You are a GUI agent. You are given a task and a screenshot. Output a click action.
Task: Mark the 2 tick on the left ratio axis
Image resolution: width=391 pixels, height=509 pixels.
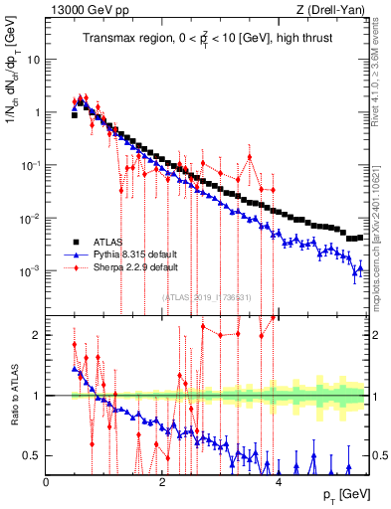click(38, 335)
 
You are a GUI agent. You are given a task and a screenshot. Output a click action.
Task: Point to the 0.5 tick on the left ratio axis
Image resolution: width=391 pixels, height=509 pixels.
click(34, 455)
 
